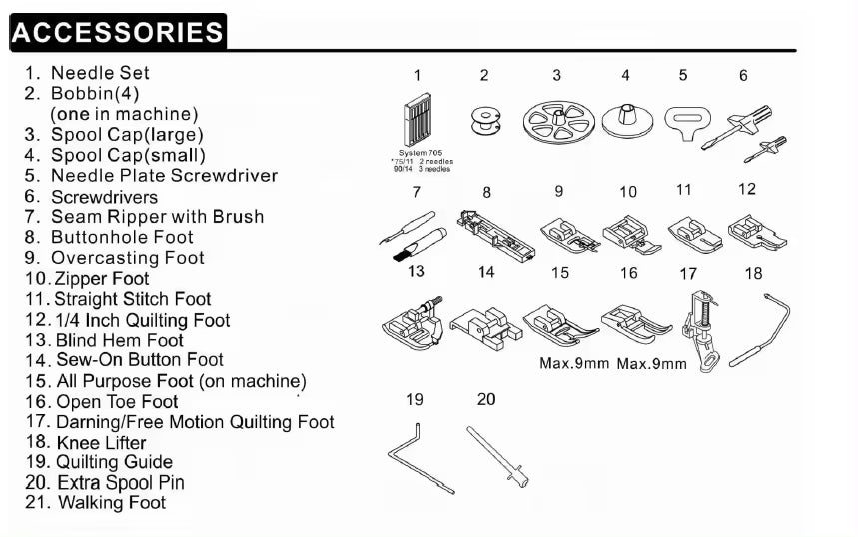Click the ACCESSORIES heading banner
(x=118, y=31)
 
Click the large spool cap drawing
(x=556, y=124)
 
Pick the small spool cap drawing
(x=625, y=122)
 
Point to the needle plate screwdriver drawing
(x=683, y=124)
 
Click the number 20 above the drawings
(x=486, y=399)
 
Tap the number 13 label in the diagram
(x=416, y=271)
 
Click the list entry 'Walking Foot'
(x=111, y=503)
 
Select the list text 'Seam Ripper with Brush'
(x=157, y=216)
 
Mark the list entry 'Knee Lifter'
(x=101, y=442)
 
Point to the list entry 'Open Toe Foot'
(x=115, y=401)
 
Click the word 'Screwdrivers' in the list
(x=104, y=196)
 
